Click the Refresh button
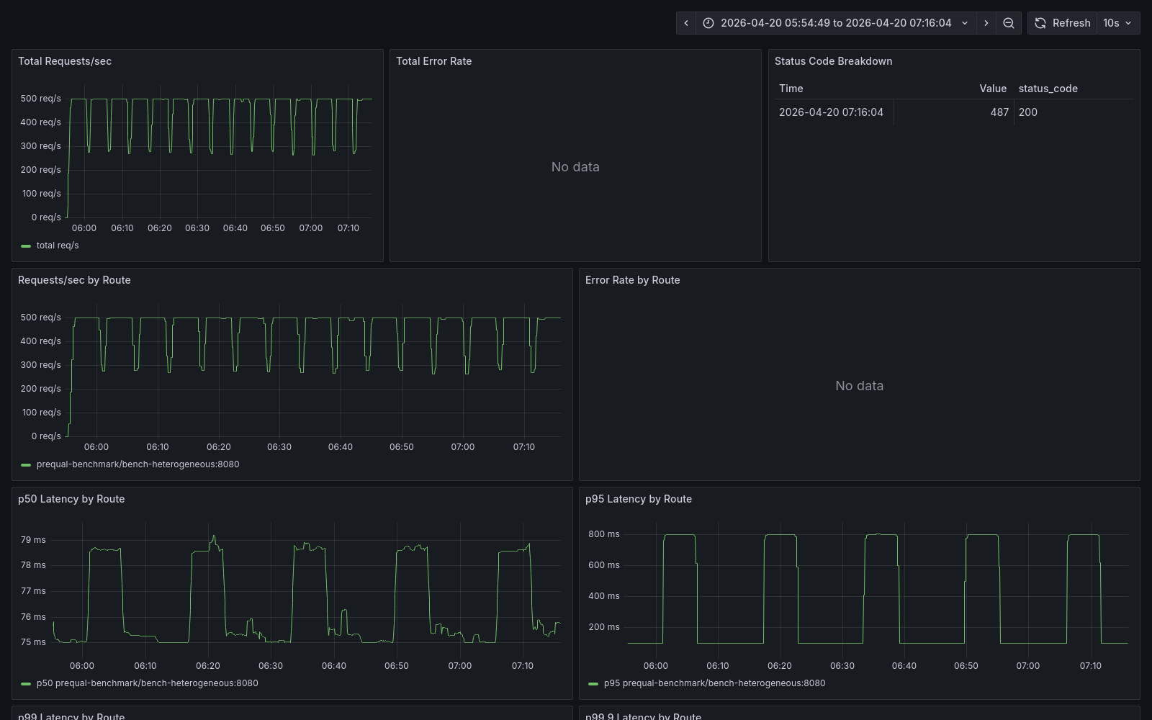pyautogui.click(x=1063, y=23)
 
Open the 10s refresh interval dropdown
pyautogui.click(x=1117, y=23)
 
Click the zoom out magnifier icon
pyautogui.click(x=1009, y=23)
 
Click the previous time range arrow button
pyautogui.click(x=686, y=23)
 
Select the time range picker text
pyautogui.click(x=835, y=23)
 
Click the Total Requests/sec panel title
pyautogui.click(x=65, y=61)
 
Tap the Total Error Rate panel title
pyautogui.click(x=433, y=61)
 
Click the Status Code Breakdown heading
pyautogui.click(x=833, y=61)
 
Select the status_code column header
pyautogui.click(x=1048, y=89)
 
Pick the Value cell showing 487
pyautogui.click(x=999, y=112)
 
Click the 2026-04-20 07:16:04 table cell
pyautogui.click(x=831, y=112)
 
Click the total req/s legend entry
pyautogui.click(x=58, y=246)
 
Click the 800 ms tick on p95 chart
pyautogui.click(x=603, y=534)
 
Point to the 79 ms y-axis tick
pyautogui.click(x=33, y=540)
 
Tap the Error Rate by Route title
pyautogui.click(x=632, y=280)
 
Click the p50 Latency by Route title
pyautogui.click(x=71, y=499)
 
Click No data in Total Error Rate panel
pyautogui.click(x=575, y=167)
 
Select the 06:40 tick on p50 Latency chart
pyautogui.click(x=333, y=666)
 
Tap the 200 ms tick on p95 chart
pyautogui.click(x=603, y=627)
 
